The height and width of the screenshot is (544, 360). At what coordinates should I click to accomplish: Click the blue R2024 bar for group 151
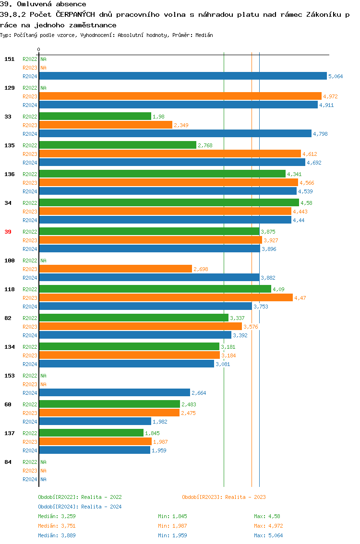(182, 76)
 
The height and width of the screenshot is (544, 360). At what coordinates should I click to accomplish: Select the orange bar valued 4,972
(180, 96)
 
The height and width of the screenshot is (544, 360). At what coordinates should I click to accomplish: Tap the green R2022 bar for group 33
(95, 116)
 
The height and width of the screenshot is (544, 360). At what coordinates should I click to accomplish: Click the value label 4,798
(320, 134)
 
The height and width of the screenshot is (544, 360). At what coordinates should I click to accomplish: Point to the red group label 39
(8, 232)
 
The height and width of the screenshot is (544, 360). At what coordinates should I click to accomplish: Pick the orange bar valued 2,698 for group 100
(115, 269)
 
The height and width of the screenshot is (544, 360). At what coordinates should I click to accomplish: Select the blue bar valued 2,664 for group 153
(114, 392)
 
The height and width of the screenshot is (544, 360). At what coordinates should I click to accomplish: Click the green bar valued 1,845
(91, 433)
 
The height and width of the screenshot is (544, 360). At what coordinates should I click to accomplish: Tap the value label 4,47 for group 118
(300, 298)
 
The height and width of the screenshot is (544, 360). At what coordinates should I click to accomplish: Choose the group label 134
(10, 347)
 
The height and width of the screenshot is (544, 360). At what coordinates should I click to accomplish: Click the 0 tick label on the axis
(39, 50)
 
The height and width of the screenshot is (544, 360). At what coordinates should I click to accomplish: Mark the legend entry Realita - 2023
(224, 497)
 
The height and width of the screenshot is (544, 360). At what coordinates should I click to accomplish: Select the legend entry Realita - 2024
(80, 507)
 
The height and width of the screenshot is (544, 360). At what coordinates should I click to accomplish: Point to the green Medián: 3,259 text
(57, 516)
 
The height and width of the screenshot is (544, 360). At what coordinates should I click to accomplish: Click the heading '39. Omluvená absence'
(43, 4)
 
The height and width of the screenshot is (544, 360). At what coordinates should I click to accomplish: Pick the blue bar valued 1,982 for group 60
(95, 421)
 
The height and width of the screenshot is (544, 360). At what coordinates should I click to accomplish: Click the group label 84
(8, 462)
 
